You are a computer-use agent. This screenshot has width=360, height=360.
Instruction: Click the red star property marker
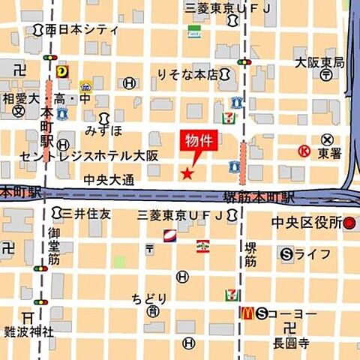[x=187, y=174]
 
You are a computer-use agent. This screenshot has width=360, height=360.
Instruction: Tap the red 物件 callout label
[x=198, y=141]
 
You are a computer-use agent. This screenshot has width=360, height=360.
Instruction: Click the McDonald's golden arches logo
[x=244, y=313]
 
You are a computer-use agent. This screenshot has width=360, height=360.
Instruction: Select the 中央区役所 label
[x=308, y=223]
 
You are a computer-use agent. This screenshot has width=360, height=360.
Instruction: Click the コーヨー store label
[x=293, y=313]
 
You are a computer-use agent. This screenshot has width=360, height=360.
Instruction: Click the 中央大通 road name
[x=109, y=180]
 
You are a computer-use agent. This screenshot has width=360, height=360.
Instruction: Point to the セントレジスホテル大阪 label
[x=100, y=157]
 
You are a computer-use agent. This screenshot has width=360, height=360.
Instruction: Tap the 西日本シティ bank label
[x=81, y=31]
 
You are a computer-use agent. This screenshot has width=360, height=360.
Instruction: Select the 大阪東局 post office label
[x=319, y=63]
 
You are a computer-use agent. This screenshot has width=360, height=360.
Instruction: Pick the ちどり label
[x=149, y=297]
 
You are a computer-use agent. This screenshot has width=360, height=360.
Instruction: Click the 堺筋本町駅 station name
[x=259, y=199]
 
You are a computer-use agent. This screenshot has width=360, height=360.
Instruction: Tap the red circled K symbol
[x=304, y=151]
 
